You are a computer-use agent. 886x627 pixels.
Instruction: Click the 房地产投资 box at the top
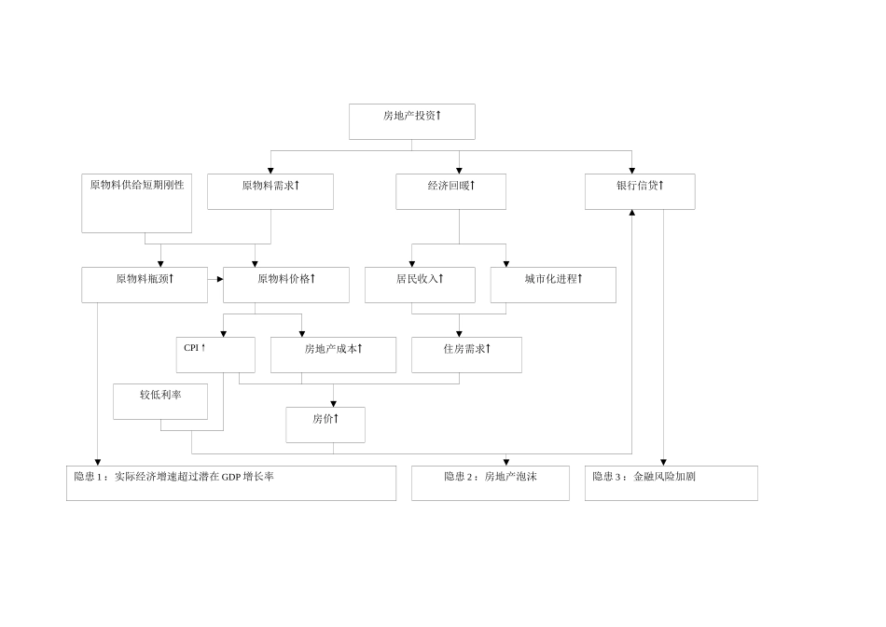click(411, 121)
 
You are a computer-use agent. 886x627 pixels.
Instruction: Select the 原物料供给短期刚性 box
click(136, 202)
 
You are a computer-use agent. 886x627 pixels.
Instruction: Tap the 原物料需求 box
click(270, 191)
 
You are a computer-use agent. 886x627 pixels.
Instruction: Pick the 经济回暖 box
click(451, 191)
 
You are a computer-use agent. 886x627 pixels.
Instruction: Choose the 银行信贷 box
click(640, 191)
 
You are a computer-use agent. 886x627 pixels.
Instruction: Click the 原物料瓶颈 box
click(145, 285)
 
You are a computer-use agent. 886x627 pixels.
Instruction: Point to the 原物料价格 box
click(285, 285)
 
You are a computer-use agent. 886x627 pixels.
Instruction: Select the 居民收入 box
click(420, 285)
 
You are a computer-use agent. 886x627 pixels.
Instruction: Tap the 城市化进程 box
click(553, 285)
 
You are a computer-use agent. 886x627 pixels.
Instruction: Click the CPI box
click(215, 355)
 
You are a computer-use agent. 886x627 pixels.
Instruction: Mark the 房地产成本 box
click(333, 355)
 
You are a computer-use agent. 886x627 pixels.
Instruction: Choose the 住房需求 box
click(466, 355)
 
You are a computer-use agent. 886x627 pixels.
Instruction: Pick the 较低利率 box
click(160, 400)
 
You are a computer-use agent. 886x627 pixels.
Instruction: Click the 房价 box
click(325, 425)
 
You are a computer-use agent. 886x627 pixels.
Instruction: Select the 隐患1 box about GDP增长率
click(231, 483)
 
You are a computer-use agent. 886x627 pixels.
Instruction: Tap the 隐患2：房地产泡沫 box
click(491, 483)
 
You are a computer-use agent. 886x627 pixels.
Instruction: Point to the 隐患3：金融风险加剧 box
click(671, 483)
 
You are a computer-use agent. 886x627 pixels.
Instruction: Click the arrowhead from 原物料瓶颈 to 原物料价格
click(220, 279)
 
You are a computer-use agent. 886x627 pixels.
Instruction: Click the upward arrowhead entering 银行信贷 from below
click(632, 213)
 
